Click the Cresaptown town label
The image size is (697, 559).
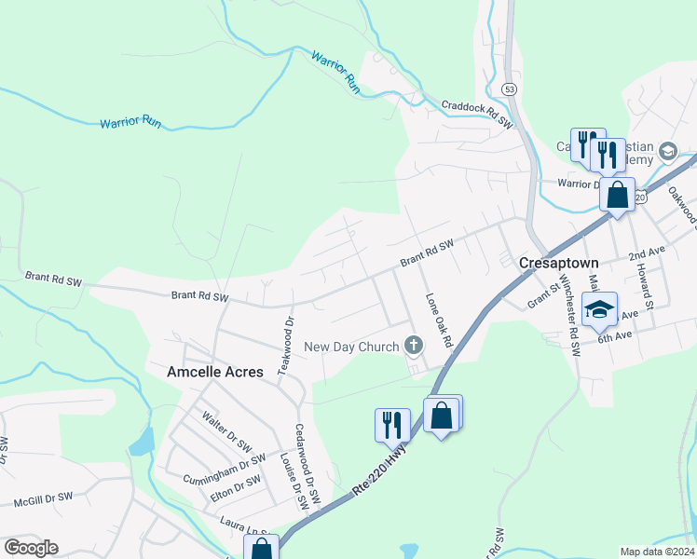pyautogui.click(x=557, y=264)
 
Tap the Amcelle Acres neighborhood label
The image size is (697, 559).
pyautogui.click(x=214, y=371)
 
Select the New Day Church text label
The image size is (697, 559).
pyautogui.click(x=352, y=348)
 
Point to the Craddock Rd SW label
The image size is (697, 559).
pyautogui.click(x=477, y=114)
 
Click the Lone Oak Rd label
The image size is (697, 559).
pyautogui.click(x=438, y=321)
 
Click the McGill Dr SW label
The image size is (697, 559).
pyautogui.click(x=43, y=498)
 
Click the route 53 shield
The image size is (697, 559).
pyautogui.click(x=508, y=89)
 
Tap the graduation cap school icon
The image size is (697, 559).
pyautogui.click(x=599, y=308)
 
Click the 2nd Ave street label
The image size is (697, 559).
pyautogui.click(x=647, y=253)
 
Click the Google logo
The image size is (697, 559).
pyautogui.click(x=31, y=548)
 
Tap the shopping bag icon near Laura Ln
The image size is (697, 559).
pyautogui.click(x=261, y=548)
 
